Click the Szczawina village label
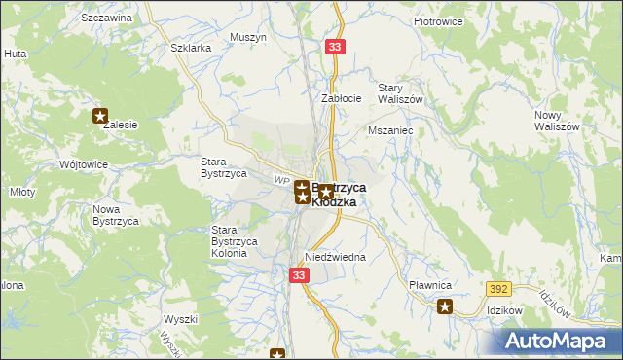[x=107, y=18]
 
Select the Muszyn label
[x=248, y=37]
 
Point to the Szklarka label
[x=190, y=48]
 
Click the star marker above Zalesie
[x=100, y=116]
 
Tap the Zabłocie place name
[x=342, y=98]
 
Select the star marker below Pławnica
[x=445, y=307]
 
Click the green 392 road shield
[x=499, y=290]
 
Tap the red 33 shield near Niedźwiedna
[x=299, y=276]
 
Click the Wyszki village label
[x=181, y=319]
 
